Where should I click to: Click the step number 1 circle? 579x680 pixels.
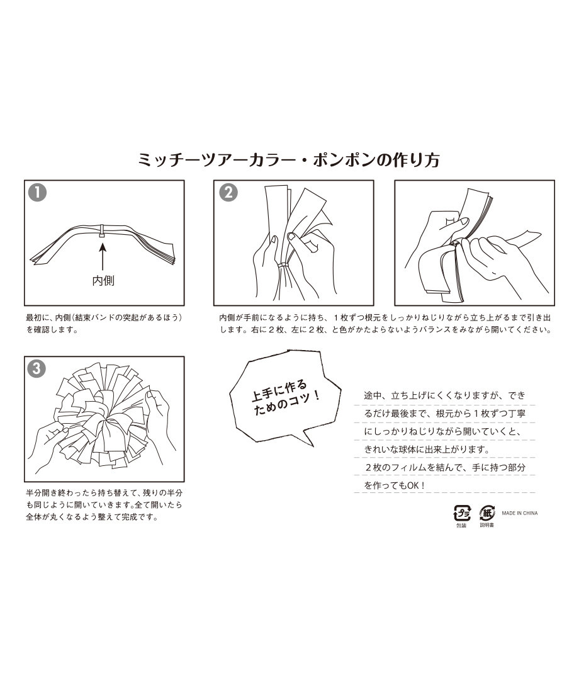pyautogui.click(x=37, y=193)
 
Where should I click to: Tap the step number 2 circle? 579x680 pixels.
pyautogui.click(x=228, y=193)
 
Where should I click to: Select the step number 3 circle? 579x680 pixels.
pyautogui.click(x=37, y=368)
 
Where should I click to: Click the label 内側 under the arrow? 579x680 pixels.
pyautogui.click(x=104, y=281)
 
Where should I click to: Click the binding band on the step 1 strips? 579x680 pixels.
pyautogui.click(x=103, y=231)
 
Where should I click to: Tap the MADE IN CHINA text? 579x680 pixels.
pyautogui.click(x=520, y=513)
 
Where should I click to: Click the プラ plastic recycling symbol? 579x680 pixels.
pyautogui.click(x=462, y=513)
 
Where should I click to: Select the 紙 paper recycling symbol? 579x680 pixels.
pyautogui.click(x=487, y=513)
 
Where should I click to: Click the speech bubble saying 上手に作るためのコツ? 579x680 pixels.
pyautogui.click(x=286, y=397)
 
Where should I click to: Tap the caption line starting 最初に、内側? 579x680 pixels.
pyautogui.click(x=104, y=317)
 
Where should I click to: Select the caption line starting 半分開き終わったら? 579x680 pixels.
pyautogui.click(x=104, y=492)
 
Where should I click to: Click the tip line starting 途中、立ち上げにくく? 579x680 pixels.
pyautogui.click(x=445, y=395)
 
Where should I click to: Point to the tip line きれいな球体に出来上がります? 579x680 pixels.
pyautogui.click(x=427, y=450)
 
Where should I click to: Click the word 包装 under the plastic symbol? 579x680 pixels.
pyautogui.click(x=461, y=526)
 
